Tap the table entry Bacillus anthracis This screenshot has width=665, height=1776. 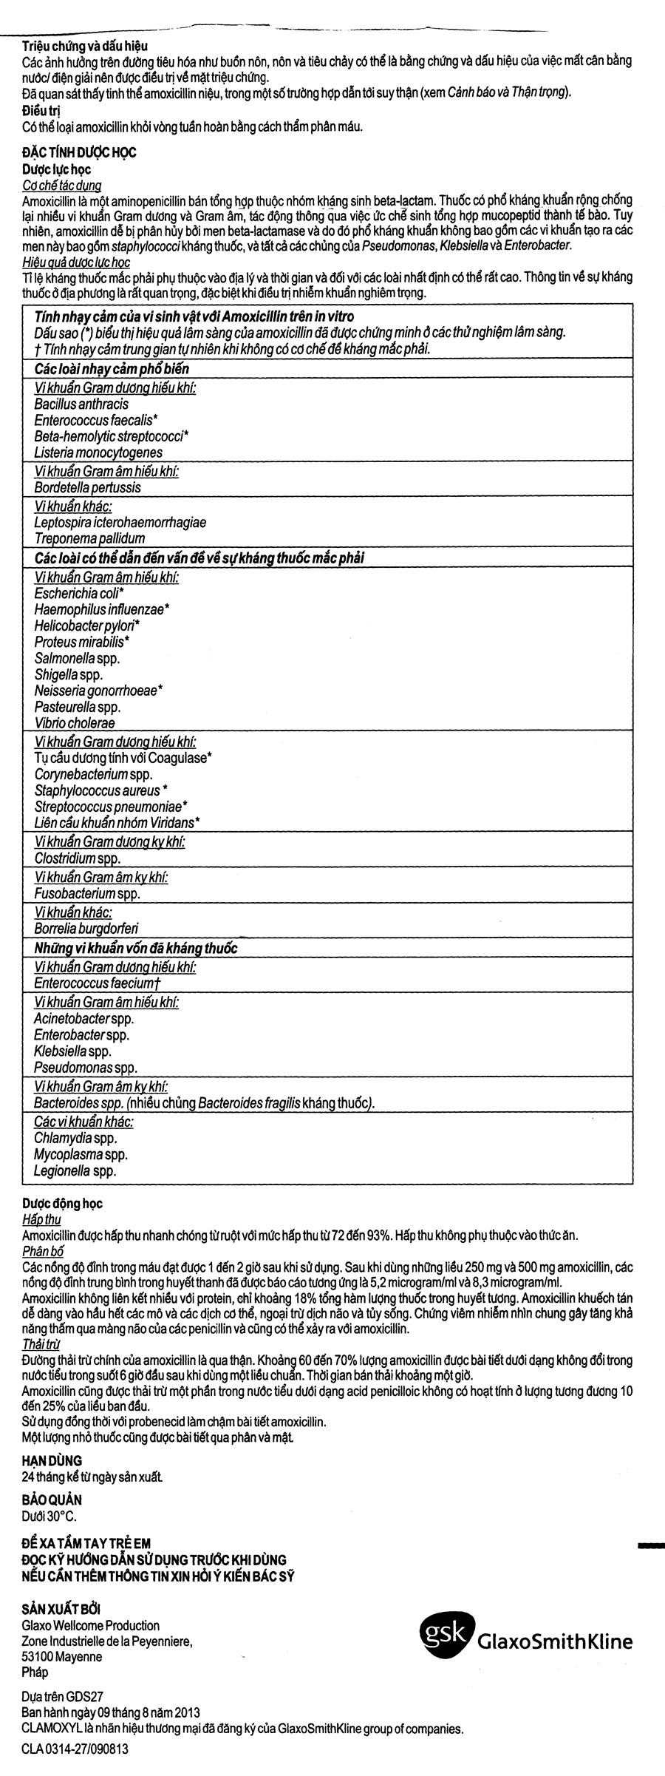tap(81, 404)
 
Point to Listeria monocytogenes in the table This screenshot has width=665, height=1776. tap(98, 453)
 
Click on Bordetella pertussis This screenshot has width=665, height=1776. tap(87, 488)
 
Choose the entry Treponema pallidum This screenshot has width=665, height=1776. tap(89, 539)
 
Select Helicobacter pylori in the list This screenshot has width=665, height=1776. tap(87, 625)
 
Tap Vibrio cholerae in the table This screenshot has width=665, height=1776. tap(75, 723)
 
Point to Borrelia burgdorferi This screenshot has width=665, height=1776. tap(86, 929)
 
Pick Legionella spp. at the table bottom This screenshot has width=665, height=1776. tap(75, 1171)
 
